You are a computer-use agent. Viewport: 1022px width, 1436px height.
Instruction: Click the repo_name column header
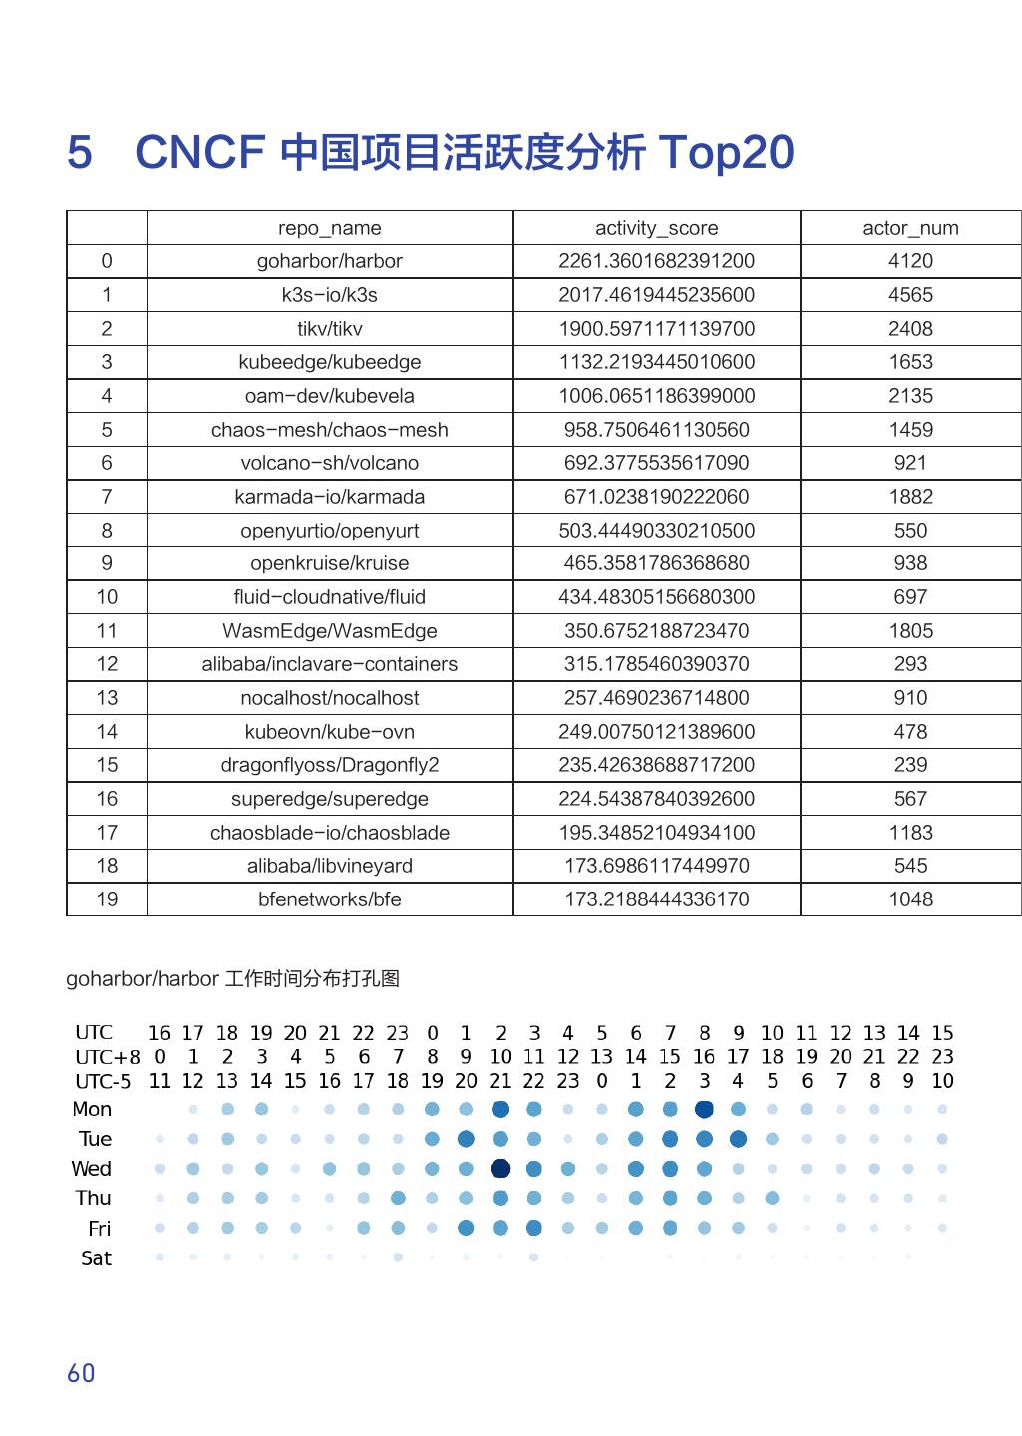[329, 228]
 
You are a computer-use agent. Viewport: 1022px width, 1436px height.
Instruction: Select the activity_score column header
[656, 228]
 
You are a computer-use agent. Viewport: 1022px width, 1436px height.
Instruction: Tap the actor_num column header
[910, 228]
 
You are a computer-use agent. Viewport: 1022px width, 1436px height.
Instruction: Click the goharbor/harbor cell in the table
[329, 261]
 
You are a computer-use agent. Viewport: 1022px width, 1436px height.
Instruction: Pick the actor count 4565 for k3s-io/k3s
[910, 295]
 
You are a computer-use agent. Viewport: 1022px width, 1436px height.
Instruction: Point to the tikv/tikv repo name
[329, 329]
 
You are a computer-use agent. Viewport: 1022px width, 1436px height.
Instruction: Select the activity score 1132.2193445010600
[656, 362]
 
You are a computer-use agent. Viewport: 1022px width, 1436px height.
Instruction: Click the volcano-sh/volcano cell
[329, 463]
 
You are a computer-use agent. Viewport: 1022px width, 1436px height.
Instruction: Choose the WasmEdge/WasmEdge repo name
[329, 631]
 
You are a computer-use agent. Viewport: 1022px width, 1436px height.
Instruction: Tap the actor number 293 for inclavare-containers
[910, 664]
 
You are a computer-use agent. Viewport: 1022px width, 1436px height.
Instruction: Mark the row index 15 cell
[107, 765]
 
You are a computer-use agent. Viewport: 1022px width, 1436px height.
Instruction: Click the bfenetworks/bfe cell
[329, 899]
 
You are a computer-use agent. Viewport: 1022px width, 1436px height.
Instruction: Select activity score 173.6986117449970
[656, 866]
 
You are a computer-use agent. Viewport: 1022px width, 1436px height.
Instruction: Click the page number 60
[81, 1373]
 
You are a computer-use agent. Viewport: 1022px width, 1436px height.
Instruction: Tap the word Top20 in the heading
[726, 153]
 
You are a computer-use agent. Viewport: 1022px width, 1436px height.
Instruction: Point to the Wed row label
[92, 1169]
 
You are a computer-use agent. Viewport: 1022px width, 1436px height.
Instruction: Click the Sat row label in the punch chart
[97, 1258]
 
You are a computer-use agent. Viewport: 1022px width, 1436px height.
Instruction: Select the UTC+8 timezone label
[108, 1057]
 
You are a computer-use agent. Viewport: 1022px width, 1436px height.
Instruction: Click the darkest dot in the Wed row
[501, 1168]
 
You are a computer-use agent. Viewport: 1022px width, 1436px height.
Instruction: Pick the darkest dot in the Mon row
[704, 1109]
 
